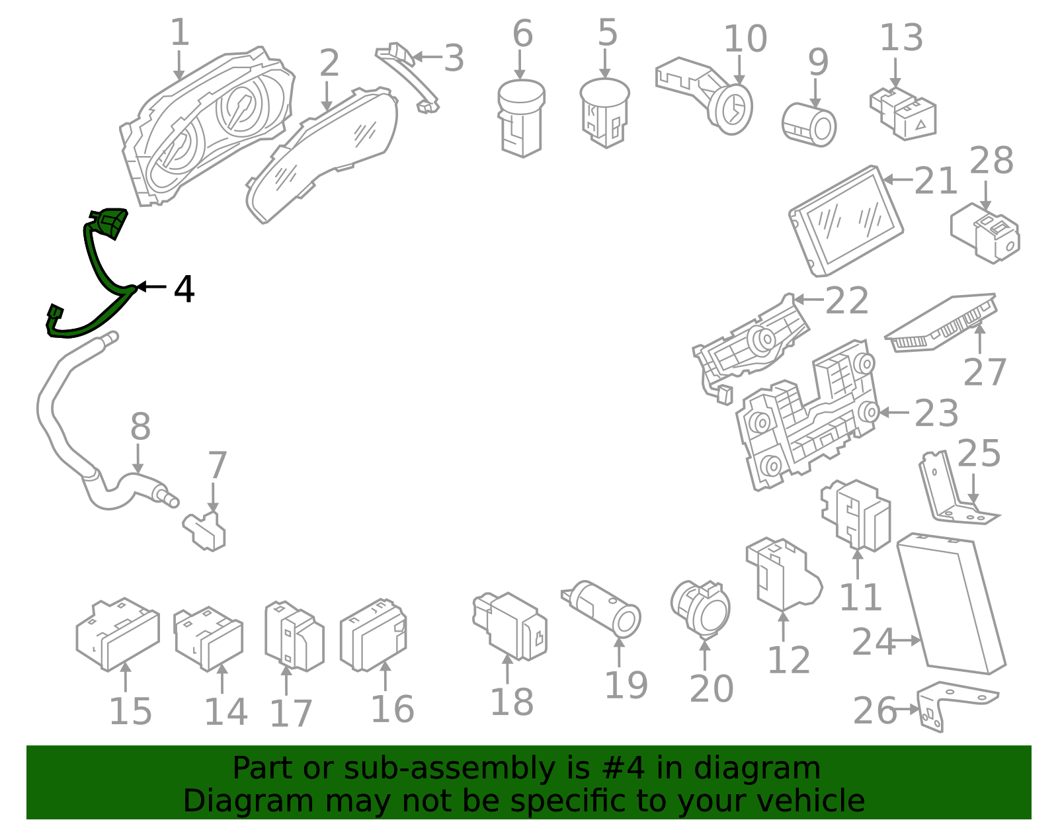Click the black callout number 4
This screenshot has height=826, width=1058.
[184, 289]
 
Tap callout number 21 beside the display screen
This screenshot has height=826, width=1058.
[936, 181]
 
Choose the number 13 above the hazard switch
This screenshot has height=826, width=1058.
[901, 38]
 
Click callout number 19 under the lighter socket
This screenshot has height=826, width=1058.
[626, 685]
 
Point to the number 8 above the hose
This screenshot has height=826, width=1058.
[140, 427]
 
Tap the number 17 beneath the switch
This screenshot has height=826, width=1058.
[290, 714]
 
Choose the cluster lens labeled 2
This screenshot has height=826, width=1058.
[324, 155]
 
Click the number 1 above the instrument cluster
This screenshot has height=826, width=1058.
[179, 33]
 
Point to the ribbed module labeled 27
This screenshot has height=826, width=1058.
[942, 322]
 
